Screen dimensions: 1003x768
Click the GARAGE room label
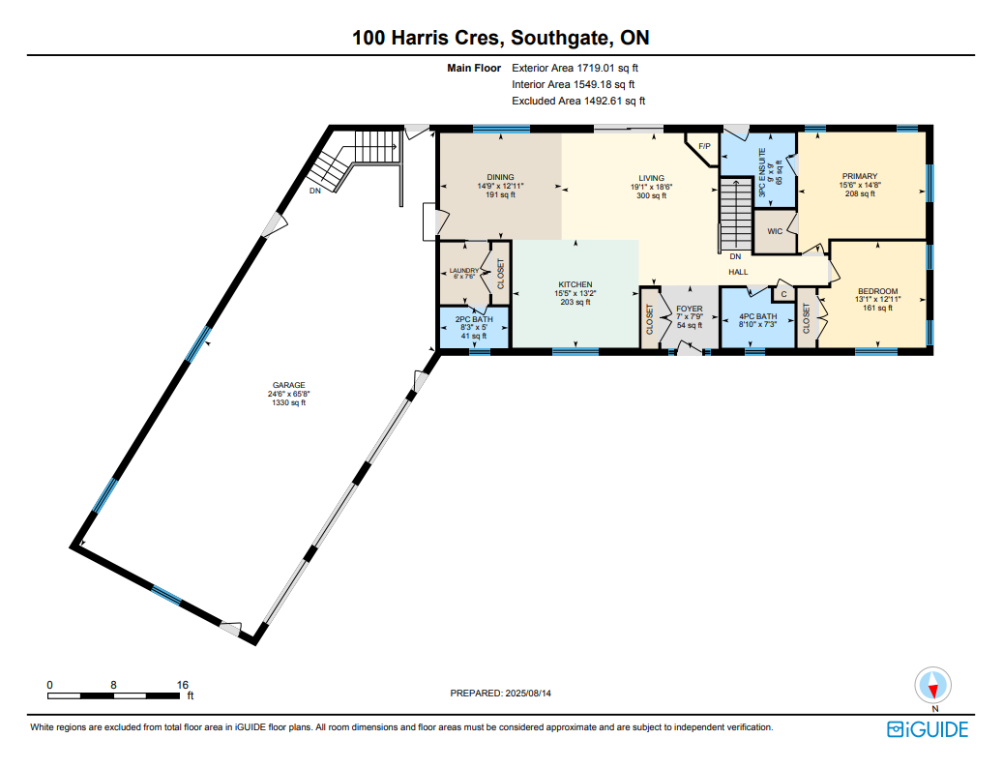pyautogui.click(x=288, y=385)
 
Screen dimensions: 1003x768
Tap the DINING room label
pyautogui.click(x=500, y=177)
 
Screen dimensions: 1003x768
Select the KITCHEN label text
pyautogui.click(x=575, y=284)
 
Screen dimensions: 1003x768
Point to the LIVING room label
pyautogui.click(x=651, y=178)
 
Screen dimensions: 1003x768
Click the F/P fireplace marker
pyautogui.click(x=704, y=146)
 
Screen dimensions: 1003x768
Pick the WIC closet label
pyautogui.click(x=775, y=231)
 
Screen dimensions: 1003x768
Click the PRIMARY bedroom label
pyautogui.click(x=860, y=176)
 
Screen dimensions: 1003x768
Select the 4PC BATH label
pyautogui.click(x=758, y=316)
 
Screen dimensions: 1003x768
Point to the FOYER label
pyautogui.click(x=690, y=309)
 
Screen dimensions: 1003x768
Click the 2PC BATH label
pyautogui.click(x=474, y=319)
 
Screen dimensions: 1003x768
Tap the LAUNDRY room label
pyautogui.click(x=463, y=271)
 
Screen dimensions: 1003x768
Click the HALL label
pyautogui.click(x=738, y=272)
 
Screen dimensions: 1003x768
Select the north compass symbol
pyautogui.click(x=932, y=686)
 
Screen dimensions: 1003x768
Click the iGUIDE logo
pyautogui.click(x=928, y=729)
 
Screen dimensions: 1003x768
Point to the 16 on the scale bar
pyautogui.click(x=182, y=685)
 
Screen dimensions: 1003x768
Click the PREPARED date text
pyautogui.click(x=500, y=694)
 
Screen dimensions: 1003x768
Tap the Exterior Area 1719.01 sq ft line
pyautogui.click(x=575, y=68)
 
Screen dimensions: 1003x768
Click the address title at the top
pyautogui.click(x=501, y=38)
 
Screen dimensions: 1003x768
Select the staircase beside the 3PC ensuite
pyautogui.click(x=736, y=214)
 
